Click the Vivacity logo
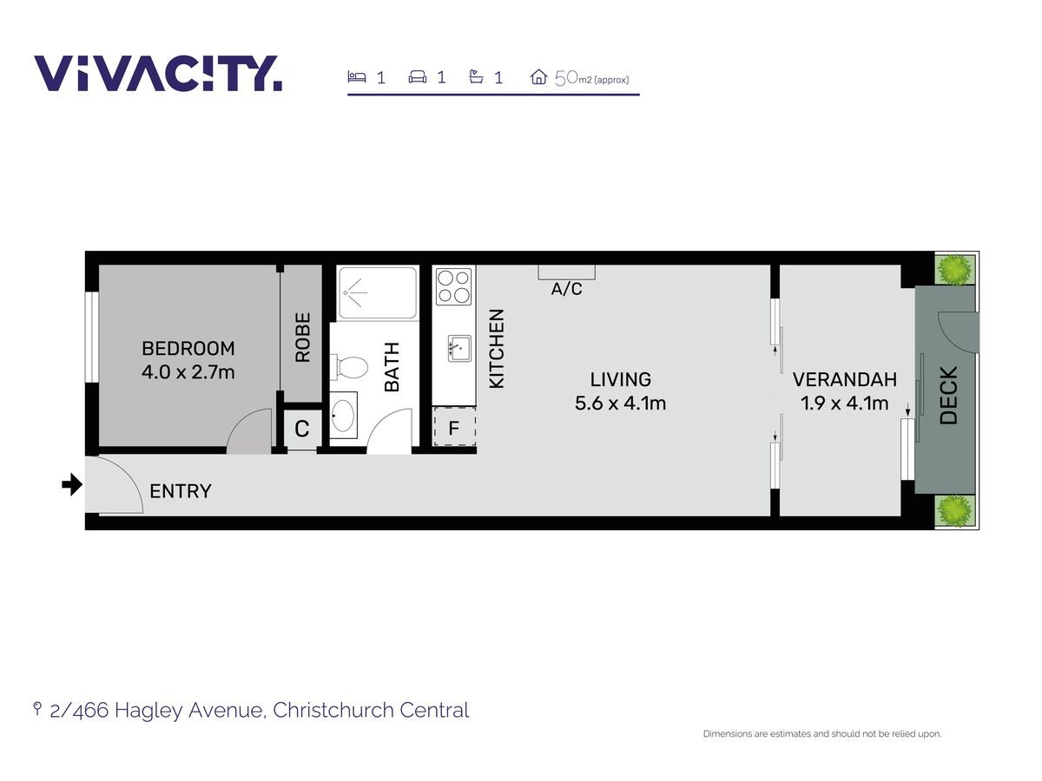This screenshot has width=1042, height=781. point(158,73)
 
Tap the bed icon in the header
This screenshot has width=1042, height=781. point(357,76)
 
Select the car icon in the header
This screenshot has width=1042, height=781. point(418,77)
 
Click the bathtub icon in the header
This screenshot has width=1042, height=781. point(476,76)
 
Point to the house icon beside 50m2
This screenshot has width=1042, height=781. point(538,77)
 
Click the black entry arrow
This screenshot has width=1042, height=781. point(72,484)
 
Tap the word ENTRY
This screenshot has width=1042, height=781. point(181,491)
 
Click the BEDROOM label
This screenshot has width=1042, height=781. point(188,349)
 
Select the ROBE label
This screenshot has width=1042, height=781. point(302,338)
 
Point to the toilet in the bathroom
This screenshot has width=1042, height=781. point(349,367)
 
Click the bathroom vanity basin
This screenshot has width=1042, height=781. point(343,415)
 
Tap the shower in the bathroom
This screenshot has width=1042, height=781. point(378,292)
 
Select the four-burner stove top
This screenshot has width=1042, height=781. point(454,286)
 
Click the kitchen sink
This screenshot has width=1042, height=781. point(459,349)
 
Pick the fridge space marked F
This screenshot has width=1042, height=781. point(454,426)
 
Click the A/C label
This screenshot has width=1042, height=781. point(566,289)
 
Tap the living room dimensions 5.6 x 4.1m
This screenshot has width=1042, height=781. point(620,404)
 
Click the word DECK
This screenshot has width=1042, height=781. point(949,396)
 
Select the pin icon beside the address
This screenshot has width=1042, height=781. point(37,709)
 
